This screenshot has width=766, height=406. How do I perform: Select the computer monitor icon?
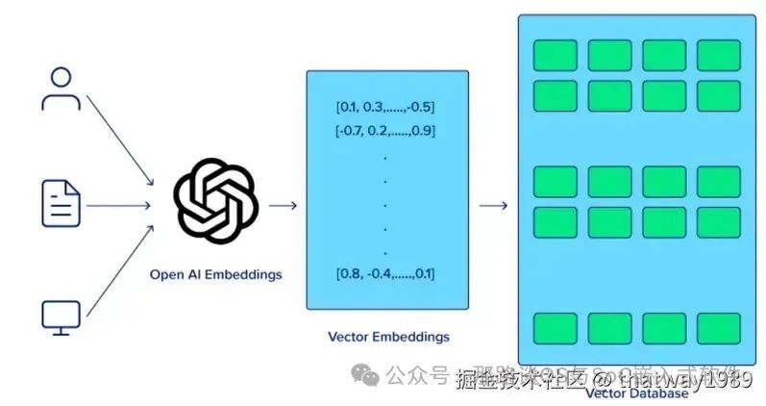pyautogui.click(x=62, y=317)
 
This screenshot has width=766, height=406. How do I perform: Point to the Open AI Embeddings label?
pyautogui.click(x=216, y=274)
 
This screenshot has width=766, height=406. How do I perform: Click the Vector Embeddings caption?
pyautogui.click(x=387, y=337)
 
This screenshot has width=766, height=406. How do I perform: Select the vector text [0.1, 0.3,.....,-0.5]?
pyautogui.click(x=385, y=106)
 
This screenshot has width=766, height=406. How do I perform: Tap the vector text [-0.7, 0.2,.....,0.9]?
pyautogui.click(x=385, y=130)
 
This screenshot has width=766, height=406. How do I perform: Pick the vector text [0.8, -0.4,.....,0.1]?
pyautogui.click(x=385, y=274)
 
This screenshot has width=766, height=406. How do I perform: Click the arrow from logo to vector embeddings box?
pyautogui.click(x=283, y=204)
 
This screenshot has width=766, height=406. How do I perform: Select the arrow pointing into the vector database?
pyautogui.click(x=493, y=204)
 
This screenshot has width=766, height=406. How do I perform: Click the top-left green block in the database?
pyautogui.click(x=556, y=55)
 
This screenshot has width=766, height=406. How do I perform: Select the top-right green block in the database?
pyautogui.click(x=718, y=55)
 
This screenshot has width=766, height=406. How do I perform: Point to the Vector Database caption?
pyautogui.click(x=636, y=393)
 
